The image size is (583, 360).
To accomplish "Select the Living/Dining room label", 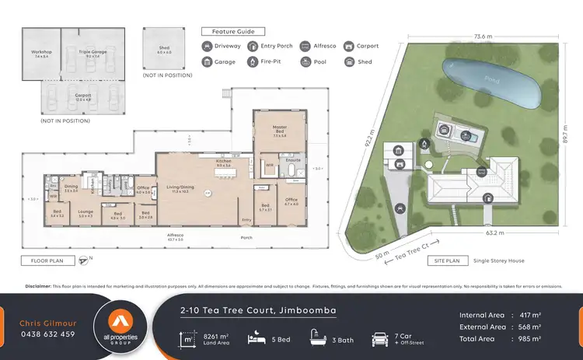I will pos(184,189).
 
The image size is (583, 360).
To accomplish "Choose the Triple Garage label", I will pos(92,54).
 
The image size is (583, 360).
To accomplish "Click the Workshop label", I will pos(40,54).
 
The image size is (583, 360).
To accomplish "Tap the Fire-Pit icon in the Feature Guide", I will pos(253,61).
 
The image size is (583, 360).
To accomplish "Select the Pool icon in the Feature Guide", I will pos(305,61).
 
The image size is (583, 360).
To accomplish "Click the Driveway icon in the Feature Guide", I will pos(207,46).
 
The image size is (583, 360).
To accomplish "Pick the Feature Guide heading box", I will pos(229,31).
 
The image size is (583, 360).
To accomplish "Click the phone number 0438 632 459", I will pos(47,334).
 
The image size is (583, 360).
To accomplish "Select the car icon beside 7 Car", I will pos(379,338).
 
